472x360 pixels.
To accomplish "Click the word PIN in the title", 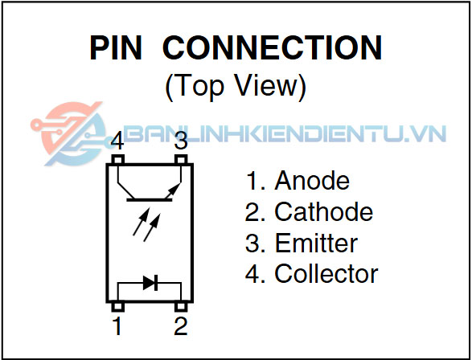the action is [x=116, y=48].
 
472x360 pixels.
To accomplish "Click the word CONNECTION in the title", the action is [x=273, y=48].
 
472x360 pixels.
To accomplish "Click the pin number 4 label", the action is [x=117, y=141].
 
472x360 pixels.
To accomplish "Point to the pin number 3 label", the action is [x=181, y=141].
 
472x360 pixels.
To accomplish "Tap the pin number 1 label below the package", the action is [x=117, y=325].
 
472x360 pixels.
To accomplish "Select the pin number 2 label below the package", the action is [x=181, y=325].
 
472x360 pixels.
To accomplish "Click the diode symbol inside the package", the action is [x=150, y=283].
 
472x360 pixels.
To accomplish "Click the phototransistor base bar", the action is [x=150, y=199].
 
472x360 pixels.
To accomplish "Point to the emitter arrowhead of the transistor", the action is [x=175, y=188].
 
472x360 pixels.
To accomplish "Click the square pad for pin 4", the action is [x=117, y=159].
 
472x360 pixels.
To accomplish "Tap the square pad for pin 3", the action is [x=181, y=159].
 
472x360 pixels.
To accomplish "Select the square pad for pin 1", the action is [x=117, y=306].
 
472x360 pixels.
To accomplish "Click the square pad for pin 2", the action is [x=181, y=306].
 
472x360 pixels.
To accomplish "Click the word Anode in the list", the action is [x=312, y=181].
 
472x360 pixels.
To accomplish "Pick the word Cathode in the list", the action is [x=323, y=211].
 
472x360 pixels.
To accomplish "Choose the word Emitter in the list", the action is [x=316, y=243].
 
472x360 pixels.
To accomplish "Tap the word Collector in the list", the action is [x=326, y=274].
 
